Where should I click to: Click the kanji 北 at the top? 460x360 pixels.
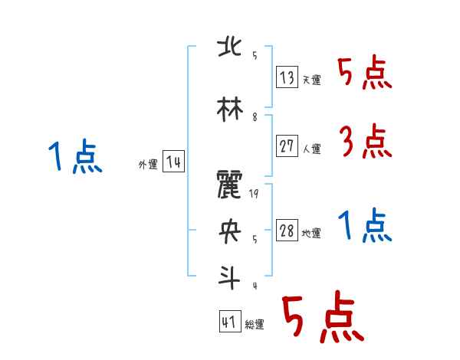[x=229, y=47]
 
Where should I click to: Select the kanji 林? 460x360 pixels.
[x=229, y=107]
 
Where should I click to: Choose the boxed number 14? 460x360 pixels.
[x=173, y=162]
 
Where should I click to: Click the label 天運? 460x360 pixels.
[x=311, y=80]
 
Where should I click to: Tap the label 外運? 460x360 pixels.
[x=147, y=165]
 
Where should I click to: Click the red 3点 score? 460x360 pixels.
[x=365, y=142]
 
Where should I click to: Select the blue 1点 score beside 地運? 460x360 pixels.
[x=365, y=227]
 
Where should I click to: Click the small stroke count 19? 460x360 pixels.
[x=255, y=195]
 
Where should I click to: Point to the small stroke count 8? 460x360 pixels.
[x=255, y=117]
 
